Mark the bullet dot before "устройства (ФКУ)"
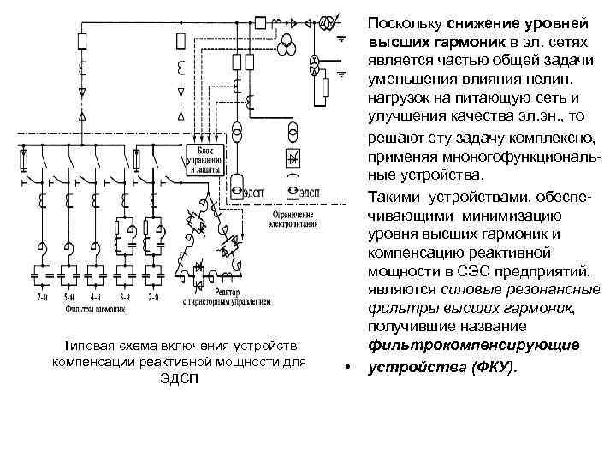click(x=347, y=366)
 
